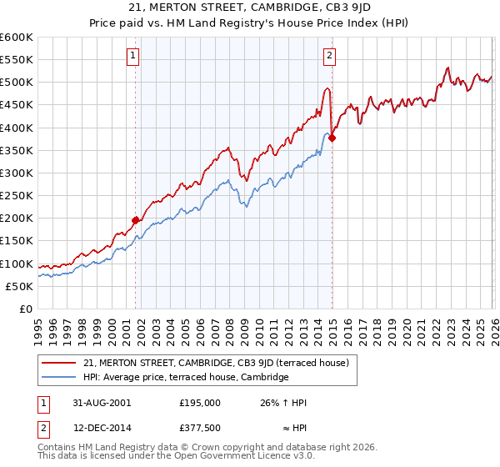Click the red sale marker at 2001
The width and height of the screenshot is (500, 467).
pos(136,220)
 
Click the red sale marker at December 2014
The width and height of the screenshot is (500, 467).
pos(332,138)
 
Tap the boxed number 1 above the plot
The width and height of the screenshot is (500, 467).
pos(133,56)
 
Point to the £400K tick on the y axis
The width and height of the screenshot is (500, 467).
pos(17,128)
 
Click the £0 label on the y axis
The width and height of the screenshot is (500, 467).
pos(27,309)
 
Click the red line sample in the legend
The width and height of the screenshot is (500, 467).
pos(59,363)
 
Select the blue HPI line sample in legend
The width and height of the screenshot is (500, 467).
pos(59,377)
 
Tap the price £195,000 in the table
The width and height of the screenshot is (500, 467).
pos(200,403)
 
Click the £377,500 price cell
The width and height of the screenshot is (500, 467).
pos(200,428)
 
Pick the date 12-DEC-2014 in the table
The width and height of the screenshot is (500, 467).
pos(98,428)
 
